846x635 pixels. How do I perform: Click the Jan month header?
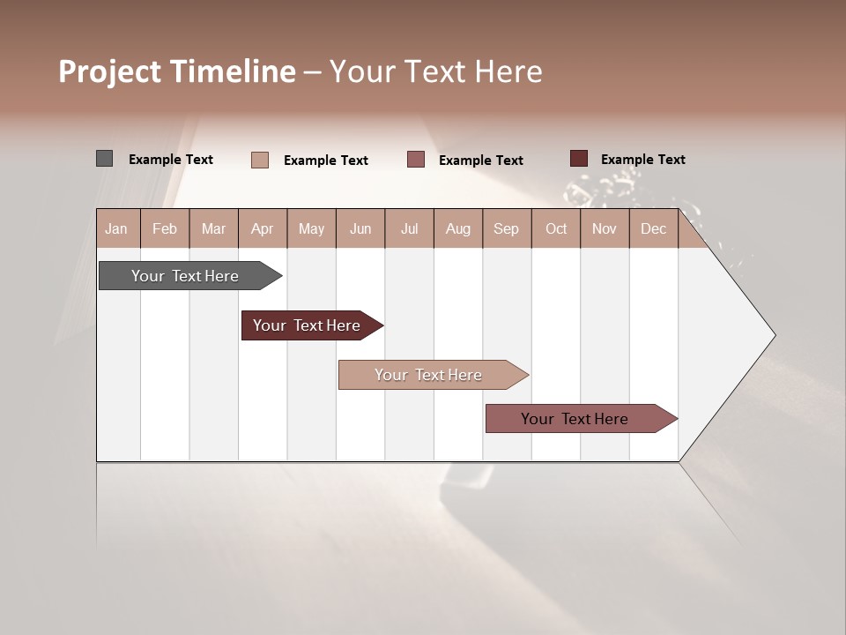[116, 229]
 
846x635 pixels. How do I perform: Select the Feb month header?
[165, 229]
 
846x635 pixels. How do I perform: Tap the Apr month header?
[262, 229]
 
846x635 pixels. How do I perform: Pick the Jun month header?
[360, 229]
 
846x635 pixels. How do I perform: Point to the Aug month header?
[457, 229]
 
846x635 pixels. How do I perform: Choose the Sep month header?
[506, 229]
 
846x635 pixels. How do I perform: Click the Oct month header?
[556, 229]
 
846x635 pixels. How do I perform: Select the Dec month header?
[653, 229]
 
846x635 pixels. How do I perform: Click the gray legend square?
[104, 159]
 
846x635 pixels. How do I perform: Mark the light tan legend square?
[260, 160]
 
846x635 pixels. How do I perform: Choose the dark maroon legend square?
[579, 159]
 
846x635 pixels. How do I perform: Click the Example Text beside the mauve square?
[480, 161]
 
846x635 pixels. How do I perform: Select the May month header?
[311, 229]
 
